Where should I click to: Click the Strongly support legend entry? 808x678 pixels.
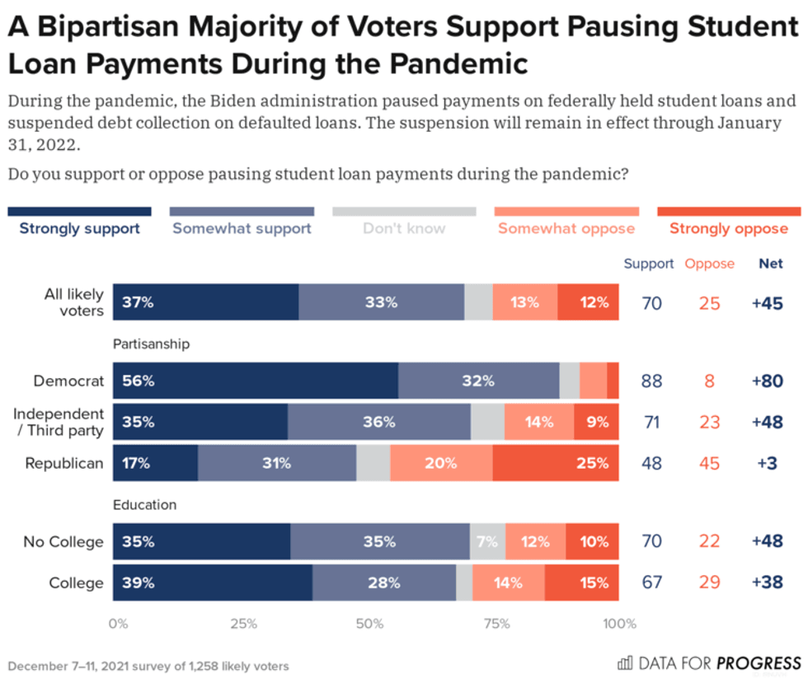79,228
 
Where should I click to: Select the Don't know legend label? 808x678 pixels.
404,228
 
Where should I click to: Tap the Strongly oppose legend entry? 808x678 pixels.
728,228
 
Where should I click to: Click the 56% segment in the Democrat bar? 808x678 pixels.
255,381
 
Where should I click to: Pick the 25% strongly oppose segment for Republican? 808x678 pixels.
556,463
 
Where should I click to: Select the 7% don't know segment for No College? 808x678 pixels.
487,541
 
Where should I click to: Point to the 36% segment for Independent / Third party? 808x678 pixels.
378,422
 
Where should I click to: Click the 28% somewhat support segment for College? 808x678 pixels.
383,582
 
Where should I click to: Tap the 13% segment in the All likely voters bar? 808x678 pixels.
524,302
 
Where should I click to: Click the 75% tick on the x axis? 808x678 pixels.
496,624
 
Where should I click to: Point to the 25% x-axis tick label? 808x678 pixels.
244,624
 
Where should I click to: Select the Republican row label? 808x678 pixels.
64,463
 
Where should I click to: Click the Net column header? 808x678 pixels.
771,264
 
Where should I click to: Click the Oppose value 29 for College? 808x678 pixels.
709,582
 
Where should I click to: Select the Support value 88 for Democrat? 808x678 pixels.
651,381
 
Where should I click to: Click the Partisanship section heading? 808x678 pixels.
152,344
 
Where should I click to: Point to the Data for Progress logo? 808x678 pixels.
709,662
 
